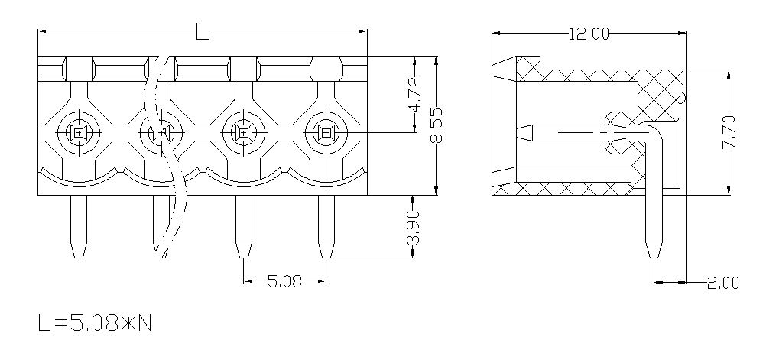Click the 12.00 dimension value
coord(589,34)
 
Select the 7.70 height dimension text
coord(729,132)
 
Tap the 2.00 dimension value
coord(723,283)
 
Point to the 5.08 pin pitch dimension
coord(284,281)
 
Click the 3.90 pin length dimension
coord(414,228)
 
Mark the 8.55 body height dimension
coord(436,125)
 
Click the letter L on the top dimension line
coord(202,32)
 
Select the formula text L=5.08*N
coord(95,323)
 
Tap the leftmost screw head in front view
coord(79,132)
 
